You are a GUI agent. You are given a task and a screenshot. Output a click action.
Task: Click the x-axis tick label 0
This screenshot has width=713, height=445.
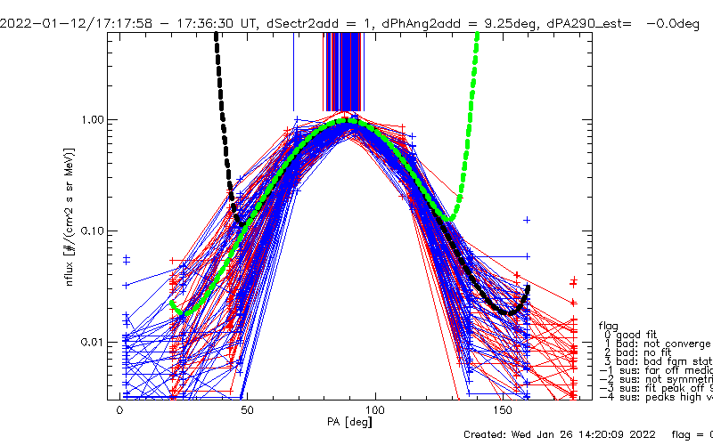coord(120,412)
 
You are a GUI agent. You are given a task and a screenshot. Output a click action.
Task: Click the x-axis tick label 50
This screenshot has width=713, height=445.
coord(248,412)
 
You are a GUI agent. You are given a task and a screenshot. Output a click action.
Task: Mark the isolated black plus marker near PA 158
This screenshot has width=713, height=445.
coord(528,219)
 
